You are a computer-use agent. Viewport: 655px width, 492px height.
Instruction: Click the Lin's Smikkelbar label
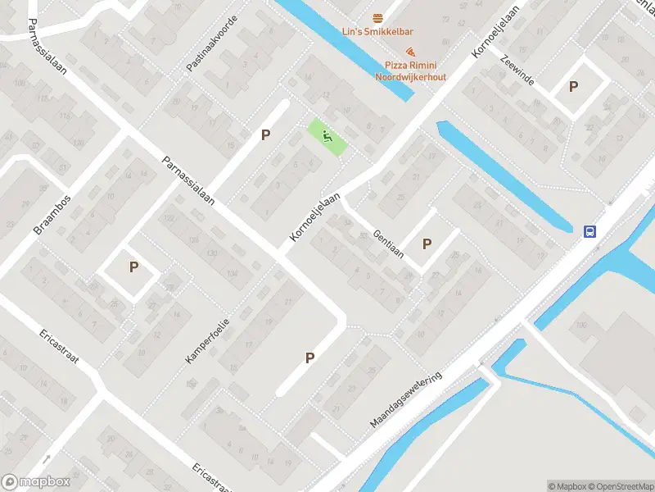coord(377,33)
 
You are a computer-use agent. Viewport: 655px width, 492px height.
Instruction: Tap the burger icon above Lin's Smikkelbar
coord(377,18)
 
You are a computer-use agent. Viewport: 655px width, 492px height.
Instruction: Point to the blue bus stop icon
coord(589,231)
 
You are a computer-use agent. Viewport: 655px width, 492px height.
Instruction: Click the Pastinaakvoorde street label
coord(211,42)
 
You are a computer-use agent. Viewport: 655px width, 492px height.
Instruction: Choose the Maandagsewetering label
coord(406,400)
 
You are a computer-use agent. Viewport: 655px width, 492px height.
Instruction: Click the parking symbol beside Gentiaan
coord(427,244)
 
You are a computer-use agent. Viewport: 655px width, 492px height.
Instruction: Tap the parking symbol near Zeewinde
coord(574,86)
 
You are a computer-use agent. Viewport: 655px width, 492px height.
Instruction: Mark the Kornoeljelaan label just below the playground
coord(315,218)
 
